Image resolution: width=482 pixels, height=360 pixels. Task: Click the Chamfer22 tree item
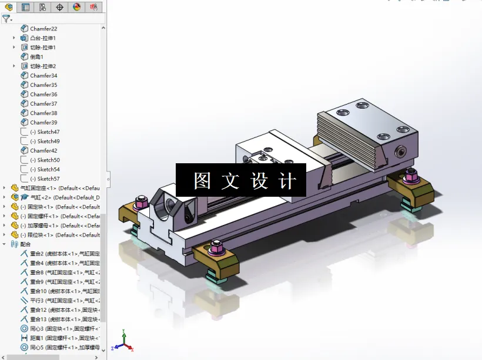(x=43, y=29)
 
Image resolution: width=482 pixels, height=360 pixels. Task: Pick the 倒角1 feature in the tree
(x=36, y=57)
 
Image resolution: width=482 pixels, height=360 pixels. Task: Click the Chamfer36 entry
(x=43, y=95)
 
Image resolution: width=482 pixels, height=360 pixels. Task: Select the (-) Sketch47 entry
(x=45, y=132)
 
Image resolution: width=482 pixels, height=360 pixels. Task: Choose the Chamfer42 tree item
(x=43, y=151)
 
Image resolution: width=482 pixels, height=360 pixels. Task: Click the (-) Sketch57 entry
(x=45, y=179)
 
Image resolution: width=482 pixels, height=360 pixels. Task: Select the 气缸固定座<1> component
(x=41, y=189)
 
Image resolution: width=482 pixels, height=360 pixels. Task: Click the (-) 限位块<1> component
(x=45, y=235)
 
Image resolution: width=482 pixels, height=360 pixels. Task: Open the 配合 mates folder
(x=25, y=244)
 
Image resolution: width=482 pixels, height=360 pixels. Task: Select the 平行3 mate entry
(x=38, y=301)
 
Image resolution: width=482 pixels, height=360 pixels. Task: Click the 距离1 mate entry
(x=38, y=338)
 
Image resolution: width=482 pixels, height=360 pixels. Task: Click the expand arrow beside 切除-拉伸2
(x=15, y=66)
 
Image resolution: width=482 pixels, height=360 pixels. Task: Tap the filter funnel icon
(x=6, y=19)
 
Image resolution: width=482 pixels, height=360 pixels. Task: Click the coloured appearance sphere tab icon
(x=76, y=7)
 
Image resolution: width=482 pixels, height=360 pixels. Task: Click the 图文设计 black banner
(x=241, y=180)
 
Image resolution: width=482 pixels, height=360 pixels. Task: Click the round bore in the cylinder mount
(x=170, y=206)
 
